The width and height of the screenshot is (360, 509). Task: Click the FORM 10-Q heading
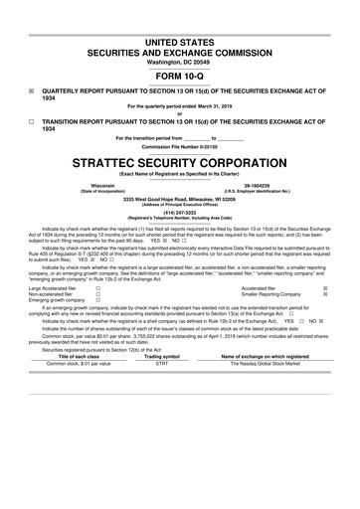179,76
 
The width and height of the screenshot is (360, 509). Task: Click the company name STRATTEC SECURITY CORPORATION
179,159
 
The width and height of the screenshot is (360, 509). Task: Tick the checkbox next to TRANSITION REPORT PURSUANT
32,120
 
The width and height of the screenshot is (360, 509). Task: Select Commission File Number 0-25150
179,145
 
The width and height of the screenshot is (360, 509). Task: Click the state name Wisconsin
101,185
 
